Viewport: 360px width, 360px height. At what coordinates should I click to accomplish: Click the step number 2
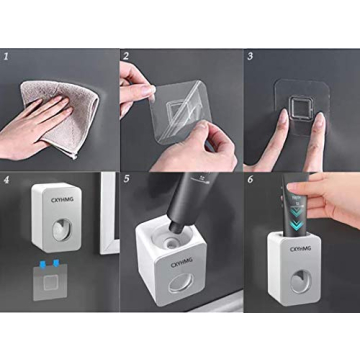click(x=126, y=57)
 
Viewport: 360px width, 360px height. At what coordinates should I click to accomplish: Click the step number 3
click(x=249, y=57)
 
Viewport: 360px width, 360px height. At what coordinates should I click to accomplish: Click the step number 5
click(x=126, y=182)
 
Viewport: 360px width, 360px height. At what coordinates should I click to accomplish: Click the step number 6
click(x=249, y=182)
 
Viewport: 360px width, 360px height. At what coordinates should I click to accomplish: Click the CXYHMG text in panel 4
click(x=59, y=197)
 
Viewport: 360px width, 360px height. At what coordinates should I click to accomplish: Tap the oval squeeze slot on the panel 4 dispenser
click(x=63, y=226)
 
